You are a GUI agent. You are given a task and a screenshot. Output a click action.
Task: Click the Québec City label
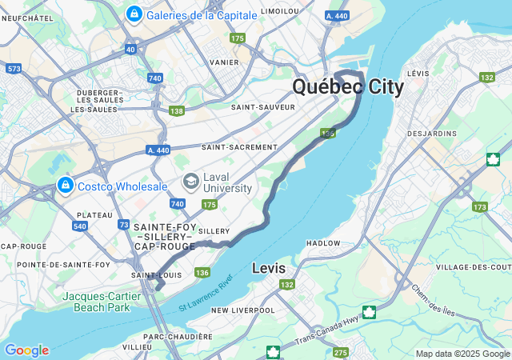coord(348,86)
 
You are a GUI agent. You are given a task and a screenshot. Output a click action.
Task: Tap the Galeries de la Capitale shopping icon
coord(134,14)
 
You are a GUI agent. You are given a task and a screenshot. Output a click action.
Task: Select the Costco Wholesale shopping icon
coord(66,186)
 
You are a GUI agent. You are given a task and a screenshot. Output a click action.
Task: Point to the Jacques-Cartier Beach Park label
coord(106,300)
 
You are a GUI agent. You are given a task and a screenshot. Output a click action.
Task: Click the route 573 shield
coord(14,70)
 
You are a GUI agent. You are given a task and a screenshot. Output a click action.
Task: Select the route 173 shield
coord(479,207)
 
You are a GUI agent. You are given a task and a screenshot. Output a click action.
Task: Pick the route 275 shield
coord(341,353)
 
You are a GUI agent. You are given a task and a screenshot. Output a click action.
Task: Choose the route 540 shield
coord(80,226)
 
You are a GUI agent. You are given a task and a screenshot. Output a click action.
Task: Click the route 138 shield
coord(177,111)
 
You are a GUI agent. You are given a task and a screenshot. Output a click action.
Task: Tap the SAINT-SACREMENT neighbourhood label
coord(239,147)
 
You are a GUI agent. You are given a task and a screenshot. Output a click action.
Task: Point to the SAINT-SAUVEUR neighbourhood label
coord(258,106)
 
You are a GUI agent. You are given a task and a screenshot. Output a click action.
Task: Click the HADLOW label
coord(323,243)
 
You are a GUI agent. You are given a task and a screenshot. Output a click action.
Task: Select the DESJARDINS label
coord(431,133)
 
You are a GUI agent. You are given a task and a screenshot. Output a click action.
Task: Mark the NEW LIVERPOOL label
coord(242,310)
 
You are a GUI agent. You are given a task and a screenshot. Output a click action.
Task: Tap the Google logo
coord(26,350)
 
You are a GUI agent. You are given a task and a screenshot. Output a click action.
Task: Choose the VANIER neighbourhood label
coord(223,62)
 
